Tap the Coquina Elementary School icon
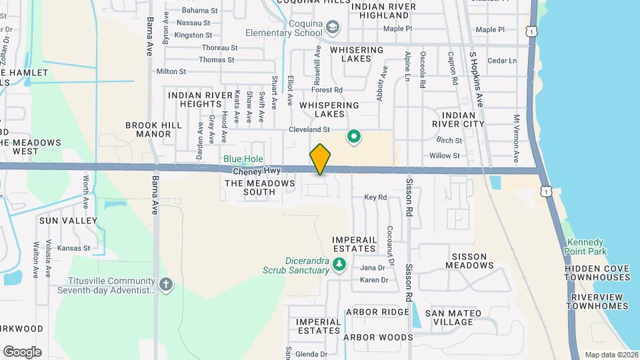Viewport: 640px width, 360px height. pyautogui.click(x=333, y=27)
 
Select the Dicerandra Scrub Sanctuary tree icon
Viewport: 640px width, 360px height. pyautogui.click(x=339, y=265)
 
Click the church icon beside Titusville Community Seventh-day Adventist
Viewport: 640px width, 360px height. pyautogui.click(x=166, y=285)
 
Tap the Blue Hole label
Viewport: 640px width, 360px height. pyautogui.click(x=243, y=159)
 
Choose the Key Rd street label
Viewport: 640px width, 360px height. pyautogui.click(x=375, y=197)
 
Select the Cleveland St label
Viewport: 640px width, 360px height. pyautogui.click(x=309, y=129)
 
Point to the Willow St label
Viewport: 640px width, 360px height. pyautogui.click(x=445, y=155)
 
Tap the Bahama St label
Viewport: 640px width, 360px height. pyautogui.click(x=200, y=11)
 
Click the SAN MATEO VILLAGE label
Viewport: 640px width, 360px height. pyautogui.click(x=449, y=317)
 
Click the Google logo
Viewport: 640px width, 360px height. pyautogui.click(x=22, y=352)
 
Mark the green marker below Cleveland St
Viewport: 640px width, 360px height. pyautogui.click(x=354, y=137)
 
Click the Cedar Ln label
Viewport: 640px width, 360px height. pyautogui.click(x=502, y=61)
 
